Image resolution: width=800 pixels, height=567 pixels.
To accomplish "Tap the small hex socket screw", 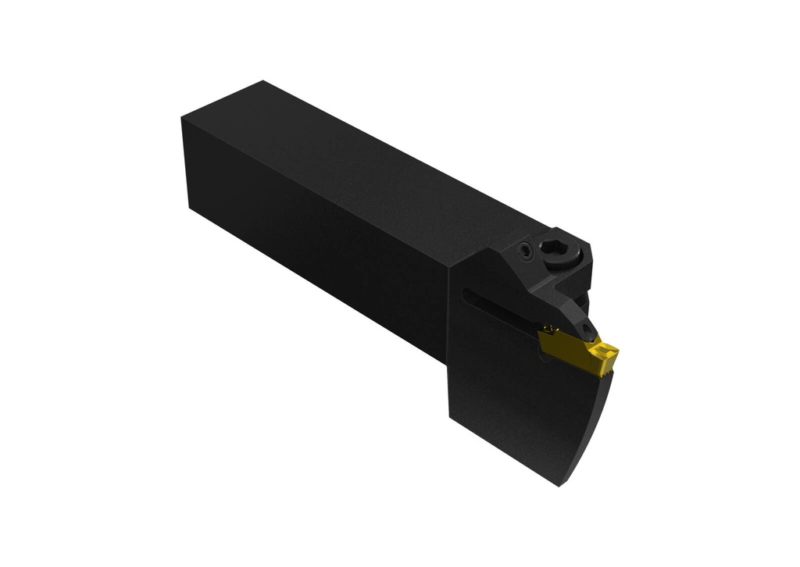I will pos(526,251).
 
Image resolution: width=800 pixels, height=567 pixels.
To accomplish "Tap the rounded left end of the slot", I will pos(464,293).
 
